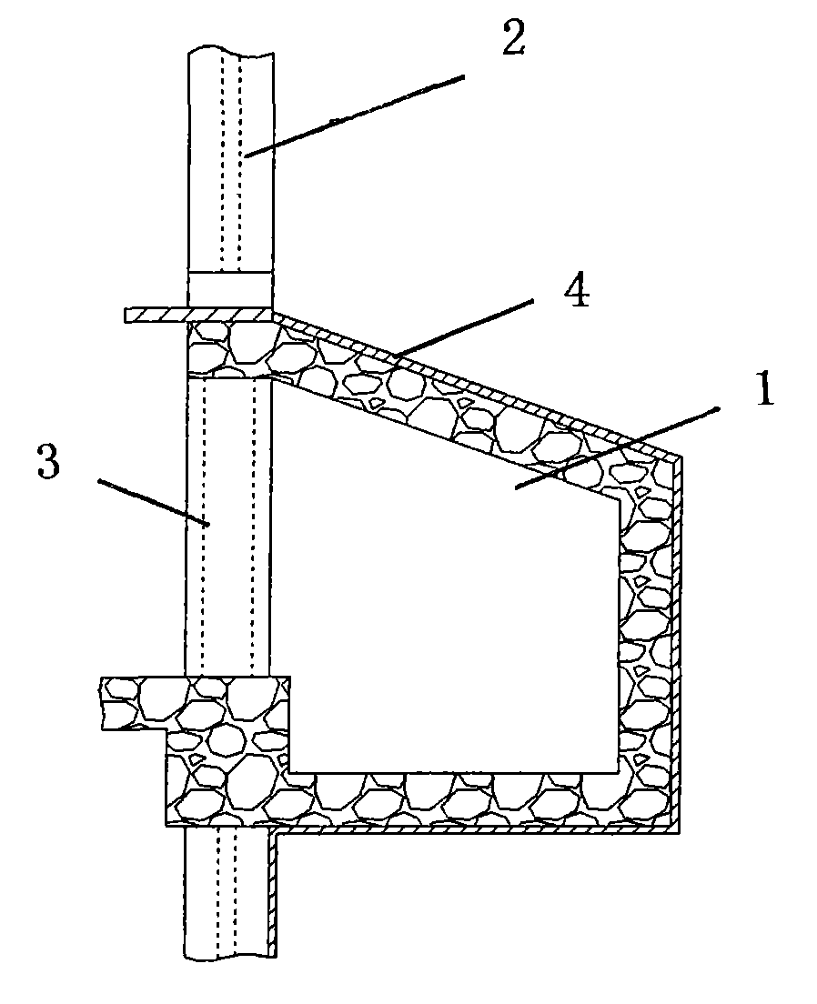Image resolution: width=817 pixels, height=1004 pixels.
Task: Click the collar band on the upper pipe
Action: pos(230,287)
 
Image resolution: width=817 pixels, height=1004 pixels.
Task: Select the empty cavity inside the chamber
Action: pos(446,600)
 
